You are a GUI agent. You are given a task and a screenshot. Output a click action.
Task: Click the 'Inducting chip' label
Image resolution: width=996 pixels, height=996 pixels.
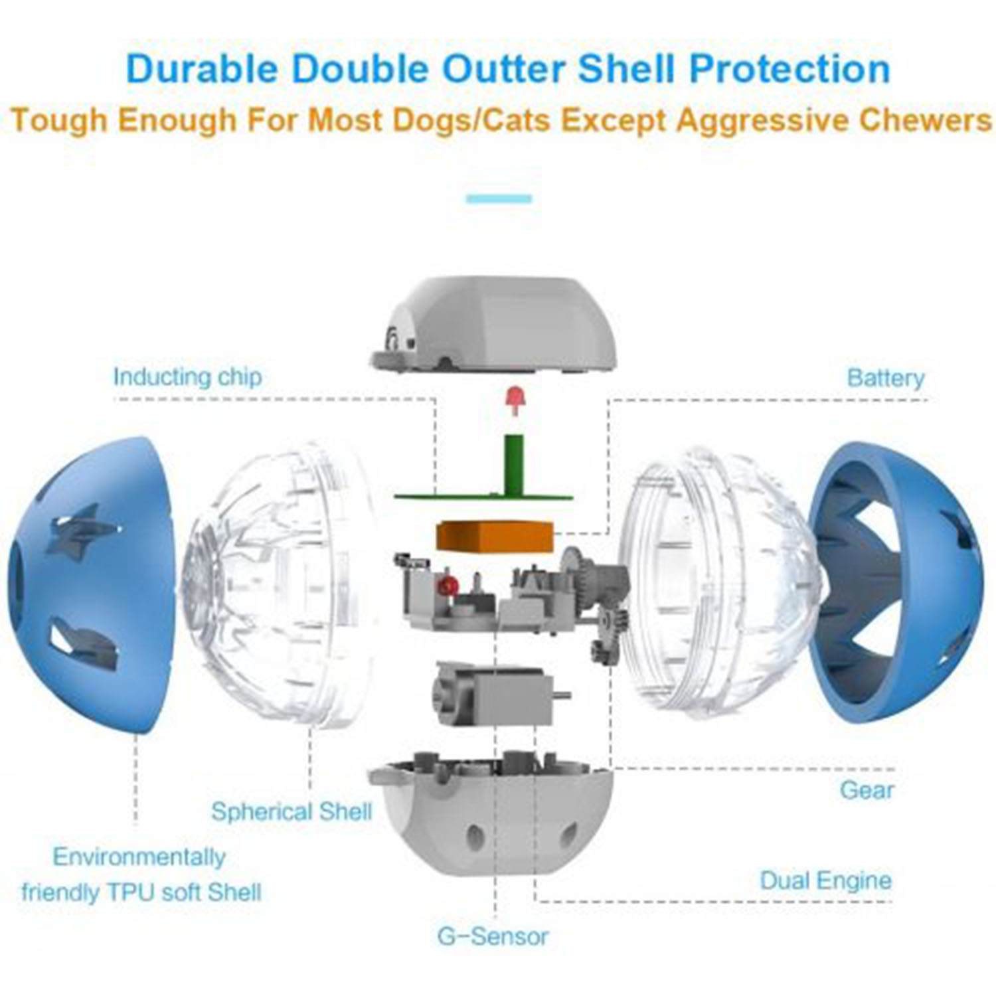coord(187,376)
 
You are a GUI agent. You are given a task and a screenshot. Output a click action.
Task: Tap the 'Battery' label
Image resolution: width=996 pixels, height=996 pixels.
coord(886,378)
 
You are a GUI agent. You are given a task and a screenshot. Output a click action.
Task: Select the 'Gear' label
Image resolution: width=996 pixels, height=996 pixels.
coord(867,790)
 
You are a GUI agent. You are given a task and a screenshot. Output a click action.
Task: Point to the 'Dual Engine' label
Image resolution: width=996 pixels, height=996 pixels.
coord(825,880)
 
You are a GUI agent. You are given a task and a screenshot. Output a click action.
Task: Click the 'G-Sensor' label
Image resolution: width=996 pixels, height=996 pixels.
coord(493,936)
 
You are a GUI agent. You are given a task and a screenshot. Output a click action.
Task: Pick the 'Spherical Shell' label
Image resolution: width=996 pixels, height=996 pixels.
coord(291,811)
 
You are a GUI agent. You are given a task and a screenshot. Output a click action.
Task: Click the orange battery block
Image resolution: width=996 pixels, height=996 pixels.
coord(494,537)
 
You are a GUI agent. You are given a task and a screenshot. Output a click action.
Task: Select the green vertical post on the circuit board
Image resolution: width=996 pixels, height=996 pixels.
coord(514,465)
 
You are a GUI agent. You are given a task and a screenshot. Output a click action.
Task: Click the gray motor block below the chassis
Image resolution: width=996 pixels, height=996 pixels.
coord(497,695)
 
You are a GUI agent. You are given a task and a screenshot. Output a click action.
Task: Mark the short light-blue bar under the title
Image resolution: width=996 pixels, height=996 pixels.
coord(499,199)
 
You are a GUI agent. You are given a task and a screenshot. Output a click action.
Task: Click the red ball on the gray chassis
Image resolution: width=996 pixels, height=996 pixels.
coord(450,585)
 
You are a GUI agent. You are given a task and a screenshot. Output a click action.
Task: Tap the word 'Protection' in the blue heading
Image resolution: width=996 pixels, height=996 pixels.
coord(789,69)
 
